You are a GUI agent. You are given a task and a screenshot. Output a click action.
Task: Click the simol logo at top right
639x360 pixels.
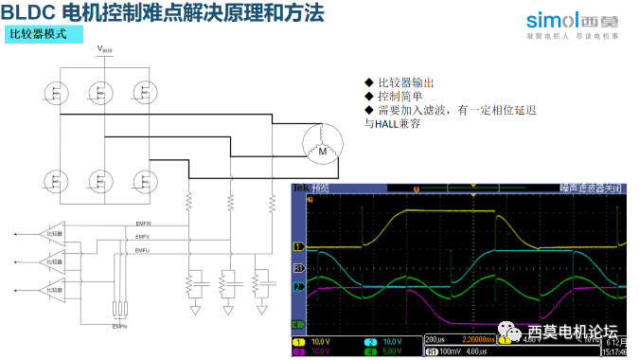click(x=567, y=18)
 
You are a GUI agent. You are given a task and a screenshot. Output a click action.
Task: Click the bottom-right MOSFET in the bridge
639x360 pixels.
click(x=142, y=179)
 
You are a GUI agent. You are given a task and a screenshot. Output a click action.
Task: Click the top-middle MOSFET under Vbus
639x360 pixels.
click(x=98, y=92)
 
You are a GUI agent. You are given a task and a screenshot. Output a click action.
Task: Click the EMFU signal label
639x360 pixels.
click(x=143, y=249)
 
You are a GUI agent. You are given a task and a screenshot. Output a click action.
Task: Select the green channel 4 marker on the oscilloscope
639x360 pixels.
click(x=297, y=324)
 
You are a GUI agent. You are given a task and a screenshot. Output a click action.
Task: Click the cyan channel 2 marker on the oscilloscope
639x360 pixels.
click(x=297, y=286)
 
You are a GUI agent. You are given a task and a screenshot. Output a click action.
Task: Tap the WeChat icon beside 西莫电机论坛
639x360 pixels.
click(x=511, y=331)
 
